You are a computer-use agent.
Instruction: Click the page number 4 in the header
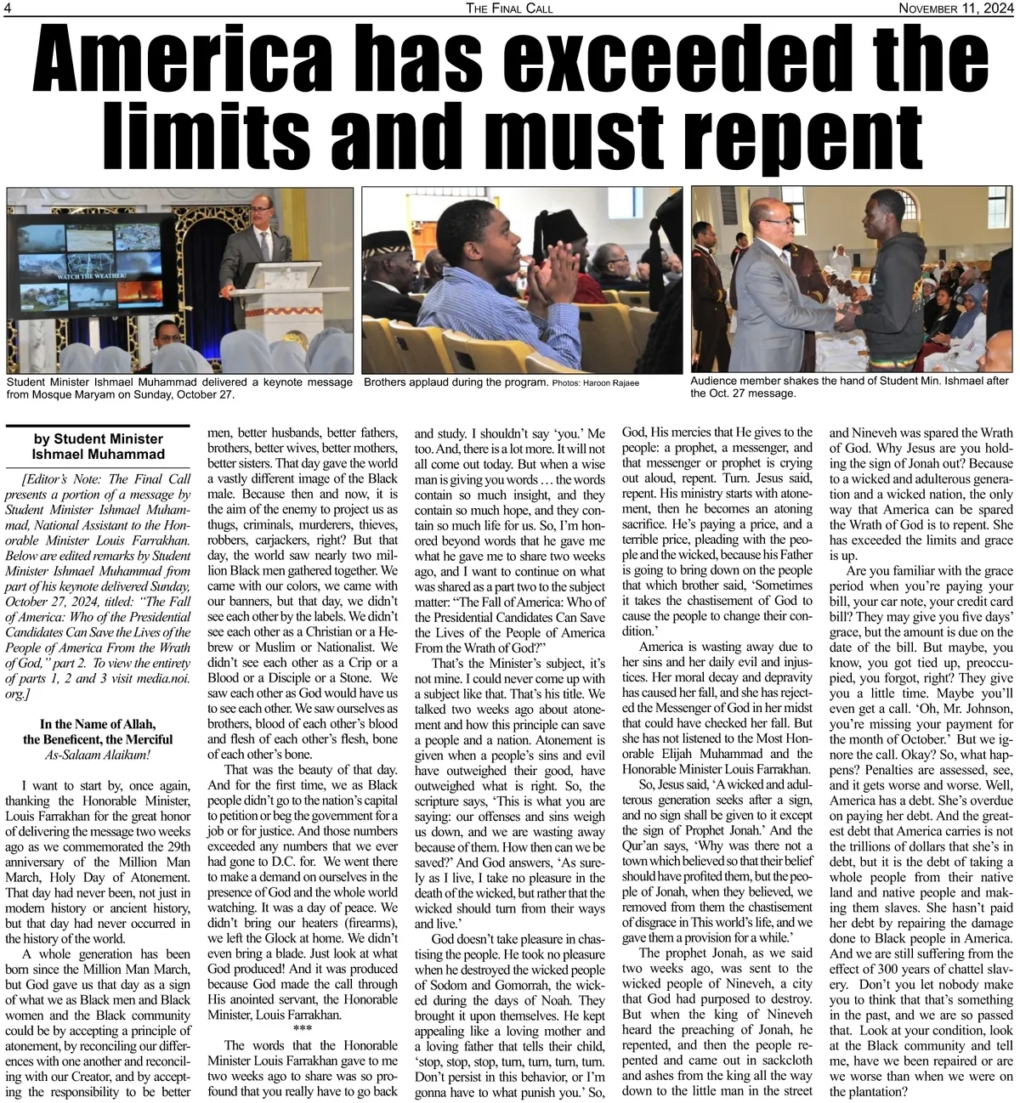coord(8,8)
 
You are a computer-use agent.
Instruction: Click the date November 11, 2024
coord(958,8)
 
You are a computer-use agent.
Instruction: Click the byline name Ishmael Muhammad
coord(98,454)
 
